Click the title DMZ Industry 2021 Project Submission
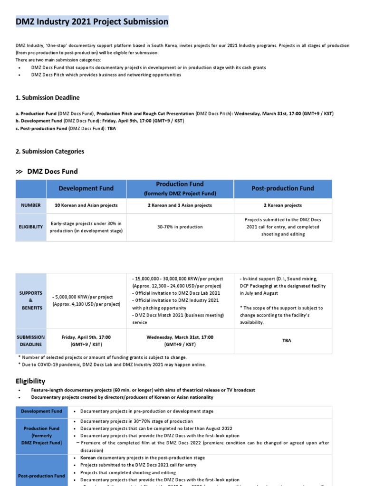click(92, 21)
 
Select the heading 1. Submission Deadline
click(48, 97)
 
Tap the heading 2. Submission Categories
click(50, 151)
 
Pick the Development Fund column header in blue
click(86, 188)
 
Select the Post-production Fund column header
click(282, 188)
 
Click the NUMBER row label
click(31, 206)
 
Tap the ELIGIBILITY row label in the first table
click(31, 227)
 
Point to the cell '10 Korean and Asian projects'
click(86, 206)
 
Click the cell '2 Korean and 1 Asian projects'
click(180, 206)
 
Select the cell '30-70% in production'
click(180, 227)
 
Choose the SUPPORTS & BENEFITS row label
click(31, 300)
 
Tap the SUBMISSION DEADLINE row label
click(31, 340)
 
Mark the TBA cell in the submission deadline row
click(282, 340)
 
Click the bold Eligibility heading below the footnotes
click(30, 381)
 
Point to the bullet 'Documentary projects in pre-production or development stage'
click(147, 411)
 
